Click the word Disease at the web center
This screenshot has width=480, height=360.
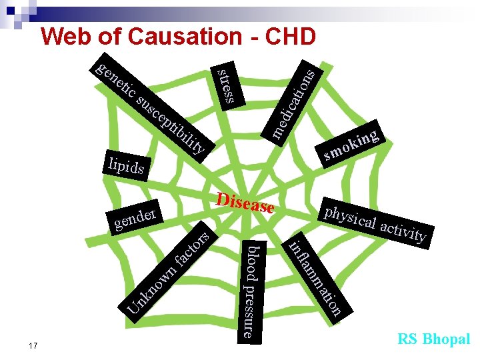[x=245, y=203]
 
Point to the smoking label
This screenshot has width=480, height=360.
[x=353, y=143]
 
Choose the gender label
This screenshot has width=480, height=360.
[x=135, y=217]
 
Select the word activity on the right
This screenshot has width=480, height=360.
[x=403, y=230]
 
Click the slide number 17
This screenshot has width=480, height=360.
[x=34, y=345]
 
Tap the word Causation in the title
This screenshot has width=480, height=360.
[x=178, y=37]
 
